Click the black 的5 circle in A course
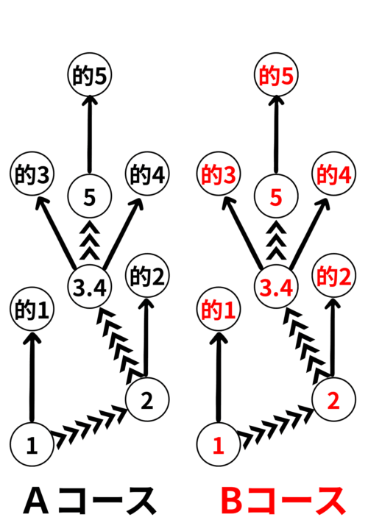point(90,74)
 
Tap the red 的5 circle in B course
point(276,74)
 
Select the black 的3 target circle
point(32,174)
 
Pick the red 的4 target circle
point(333,174)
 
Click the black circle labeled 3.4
point(90,287)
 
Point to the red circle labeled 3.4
point(276,287)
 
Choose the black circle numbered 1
point(32,444)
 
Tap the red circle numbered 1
point(219,444)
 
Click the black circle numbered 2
point(147,399)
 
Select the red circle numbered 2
point(333,399)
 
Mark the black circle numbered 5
point(90,196)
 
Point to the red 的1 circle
point(219,309)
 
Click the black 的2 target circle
point(147,276)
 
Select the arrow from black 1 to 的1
point(32,377)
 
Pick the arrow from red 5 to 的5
point(276,135)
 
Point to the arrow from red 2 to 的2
point(333,338)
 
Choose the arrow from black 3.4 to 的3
point(56,232)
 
